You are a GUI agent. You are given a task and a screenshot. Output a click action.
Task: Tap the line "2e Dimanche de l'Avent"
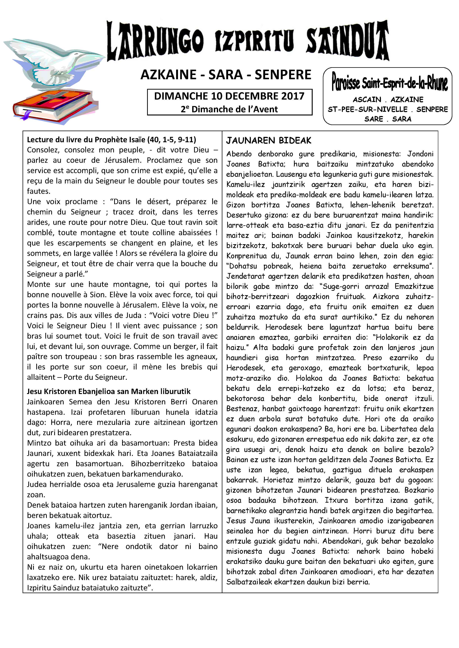(229, 109)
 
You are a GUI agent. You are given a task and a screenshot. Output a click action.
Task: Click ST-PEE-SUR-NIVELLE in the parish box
(367, 109)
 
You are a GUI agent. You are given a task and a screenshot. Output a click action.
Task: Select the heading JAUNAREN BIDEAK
(268, 141)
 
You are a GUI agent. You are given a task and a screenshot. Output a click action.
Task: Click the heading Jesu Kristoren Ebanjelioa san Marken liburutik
(109, 391)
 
